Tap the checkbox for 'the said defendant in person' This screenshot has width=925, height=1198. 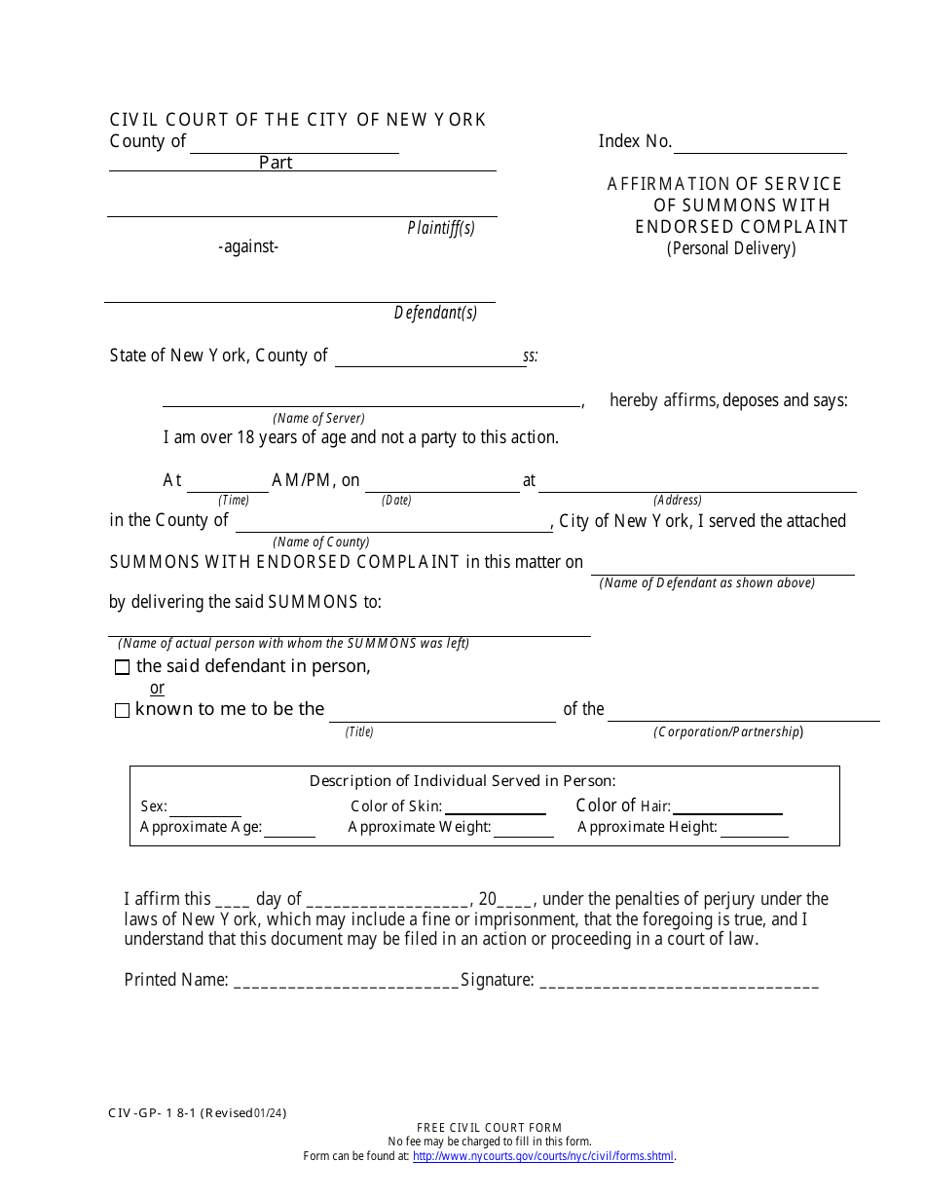pyautogui.click(x=122, y=667)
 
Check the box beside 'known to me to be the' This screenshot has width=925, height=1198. pyautogui.click(x=122, y=711)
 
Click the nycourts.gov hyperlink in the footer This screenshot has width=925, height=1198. pyautogui.click(x=543, y=1156)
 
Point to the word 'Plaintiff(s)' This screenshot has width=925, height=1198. pyautogui.click(x=440, y=228)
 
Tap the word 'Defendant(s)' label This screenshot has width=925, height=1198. pyautogui.click(x=435, y=313)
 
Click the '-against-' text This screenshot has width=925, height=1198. pyautogui.click(x=248, y=246)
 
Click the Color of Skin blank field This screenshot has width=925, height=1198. pyautogui.click(x=495, y=808)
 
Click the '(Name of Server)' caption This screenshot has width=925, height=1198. pyautogui.click(x=318, y=418)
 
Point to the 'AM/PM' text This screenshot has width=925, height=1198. pyautogui.click(x=303, y=480)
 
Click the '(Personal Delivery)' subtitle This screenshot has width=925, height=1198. pyautogui.click(x=731, y=248)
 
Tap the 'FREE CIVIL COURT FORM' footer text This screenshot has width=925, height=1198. pyautogui.click(x=489, y=1128)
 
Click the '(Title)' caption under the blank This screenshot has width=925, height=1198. pyautogui.click(x=359, y=731)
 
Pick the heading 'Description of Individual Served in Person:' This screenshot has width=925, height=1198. pyautogui.click(x=462, y=780)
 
